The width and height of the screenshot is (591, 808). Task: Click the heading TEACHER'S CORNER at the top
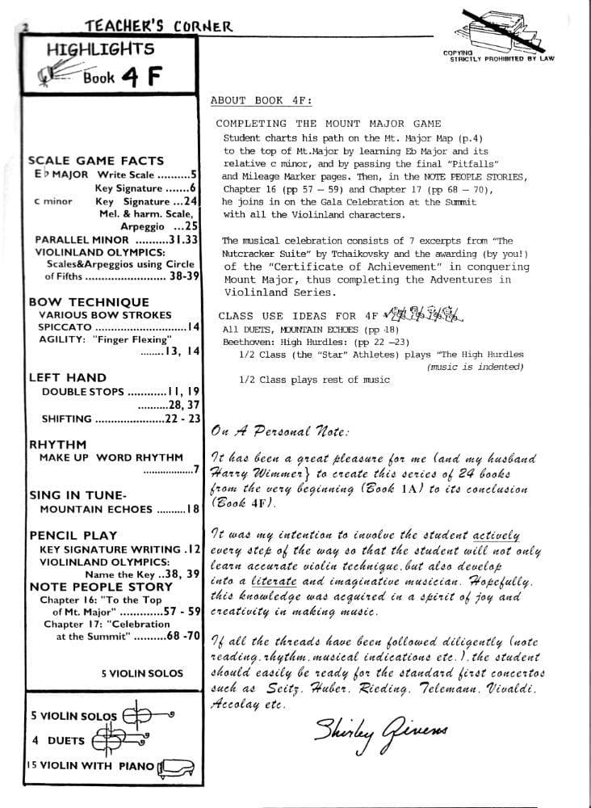click(158, 27)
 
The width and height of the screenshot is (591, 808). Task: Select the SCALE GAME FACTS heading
click(95, 161)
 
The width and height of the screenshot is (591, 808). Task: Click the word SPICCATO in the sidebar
click(66, 327)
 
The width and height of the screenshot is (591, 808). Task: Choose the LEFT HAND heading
click(67, 377)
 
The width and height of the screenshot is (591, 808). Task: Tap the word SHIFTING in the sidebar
click(66, 419)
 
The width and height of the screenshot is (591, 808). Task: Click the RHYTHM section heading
click(57, 444)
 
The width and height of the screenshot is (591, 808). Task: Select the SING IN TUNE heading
click(78, 495)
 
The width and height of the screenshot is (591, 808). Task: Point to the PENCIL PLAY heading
click(73, 535)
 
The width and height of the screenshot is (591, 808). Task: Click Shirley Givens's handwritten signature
click(380, 732)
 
